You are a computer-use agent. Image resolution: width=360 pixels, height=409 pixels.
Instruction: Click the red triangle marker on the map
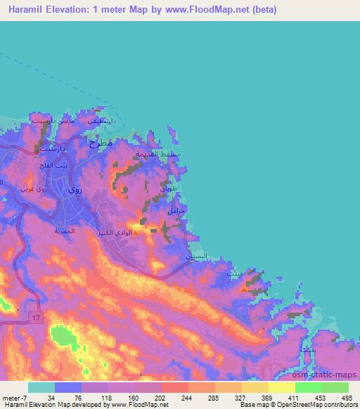pos(244,288)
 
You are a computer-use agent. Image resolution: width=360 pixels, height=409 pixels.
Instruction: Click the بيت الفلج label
pos(57,165)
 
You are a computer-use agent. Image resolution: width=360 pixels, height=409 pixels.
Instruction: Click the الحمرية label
pos(64,230)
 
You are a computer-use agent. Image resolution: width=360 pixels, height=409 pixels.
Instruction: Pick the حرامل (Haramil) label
pos(176,210)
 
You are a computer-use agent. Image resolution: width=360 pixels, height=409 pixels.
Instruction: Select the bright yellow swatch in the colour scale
pos(281,387)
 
